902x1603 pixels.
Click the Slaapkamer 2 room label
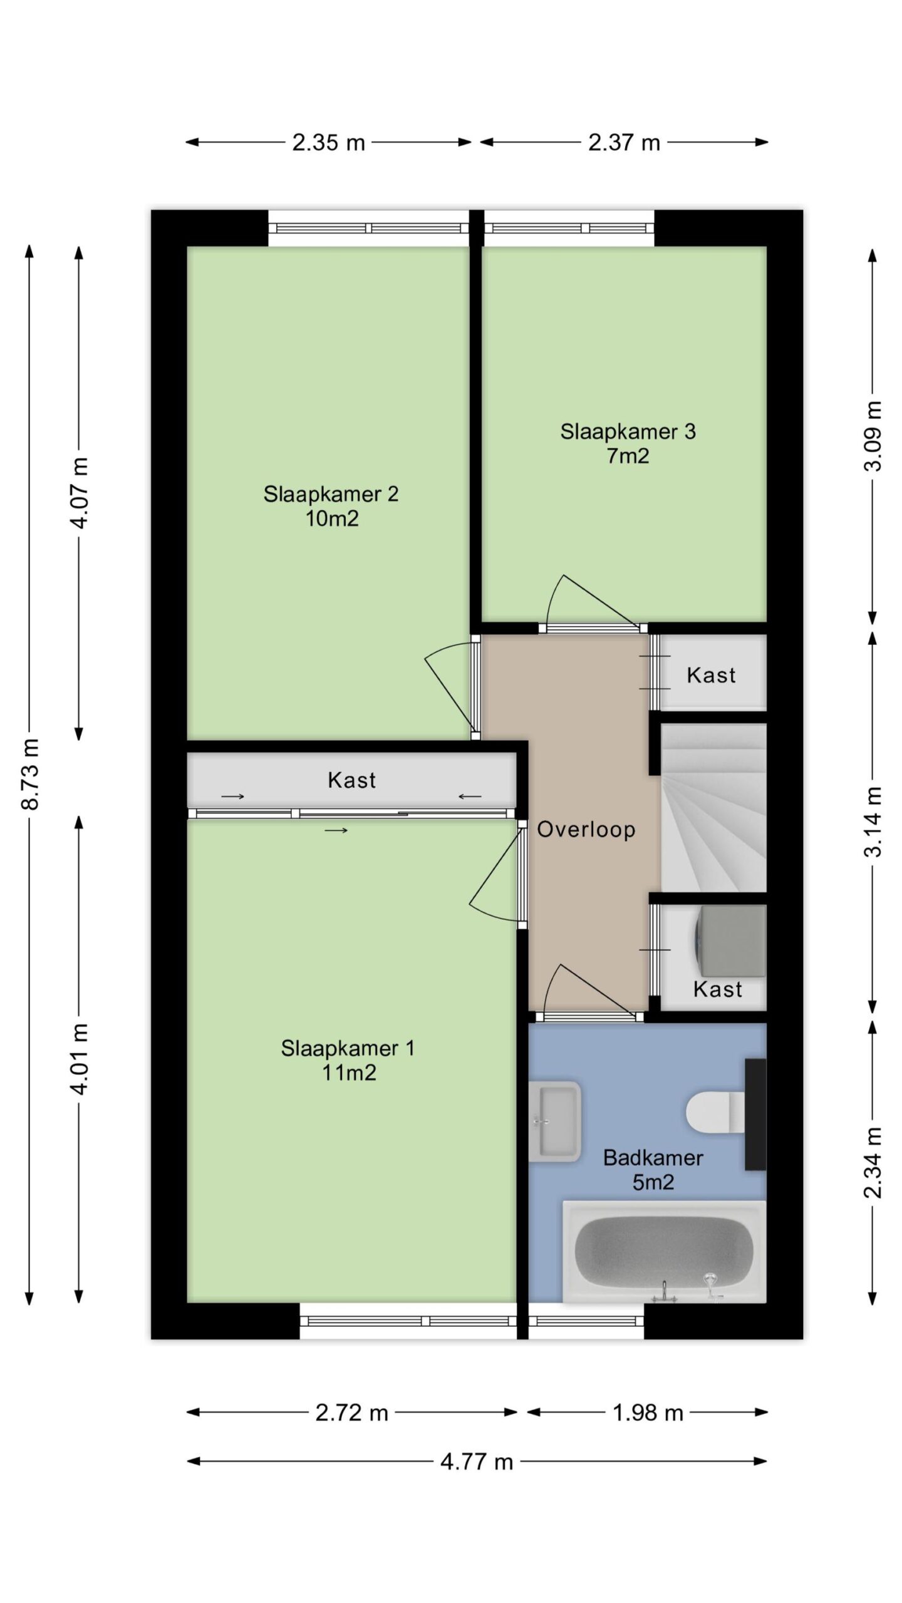(331, 506)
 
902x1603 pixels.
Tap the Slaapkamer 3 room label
(628, 443)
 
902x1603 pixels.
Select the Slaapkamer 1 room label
(348, 1060)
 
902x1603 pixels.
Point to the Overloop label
(586, 829)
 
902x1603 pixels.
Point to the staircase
(713, 808)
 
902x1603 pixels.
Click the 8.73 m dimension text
(30, 774)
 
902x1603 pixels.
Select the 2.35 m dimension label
(328, 142)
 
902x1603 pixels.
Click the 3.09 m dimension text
(873, 436)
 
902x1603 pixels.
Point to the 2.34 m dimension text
(873, 1162)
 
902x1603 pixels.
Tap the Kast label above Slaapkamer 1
(351, 780)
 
